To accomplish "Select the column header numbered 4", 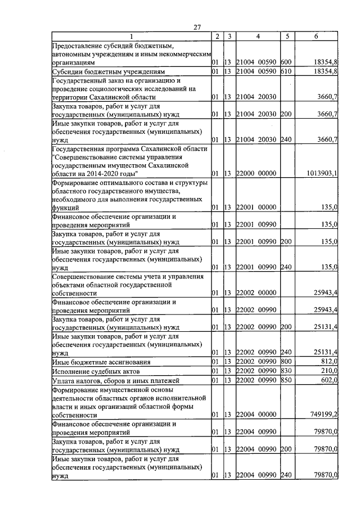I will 257,37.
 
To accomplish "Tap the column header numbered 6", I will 317,37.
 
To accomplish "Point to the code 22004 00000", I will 256,415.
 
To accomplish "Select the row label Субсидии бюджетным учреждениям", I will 107,73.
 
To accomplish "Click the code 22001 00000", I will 256,208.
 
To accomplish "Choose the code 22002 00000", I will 256,293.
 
